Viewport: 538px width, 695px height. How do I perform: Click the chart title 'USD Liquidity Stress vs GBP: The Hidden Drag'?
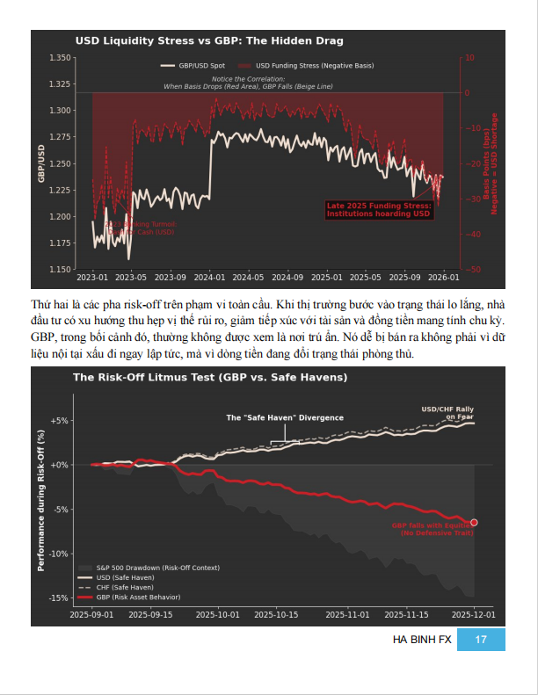pyautogui.click(x=209, y=41)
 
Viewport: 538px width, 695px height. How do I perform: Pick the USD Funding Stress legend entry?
pyautogui.click(x=314, y=66)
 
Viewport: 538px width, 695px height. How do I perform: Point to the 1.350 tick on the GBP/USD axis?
pyautogui.click(x=60, y=58)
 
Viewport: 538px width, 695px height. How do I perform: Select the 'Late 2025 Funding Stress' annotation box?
pyautogui.click(x=379, y=209)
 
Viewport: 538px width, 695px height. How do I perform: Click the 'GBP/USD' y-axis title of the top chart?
pyautogui.click(x=40, y=163)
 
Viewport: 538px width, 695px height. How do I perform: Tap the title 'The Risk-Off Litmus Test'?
pyautogui.click(x=210, y=378)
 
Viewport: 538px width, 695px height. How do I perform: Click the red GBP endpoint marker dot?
pyautogui.click(x=474, y=523)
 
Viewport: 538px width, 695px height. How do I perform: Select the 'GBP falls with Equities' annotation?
pyautogui.click(x=433, y=530)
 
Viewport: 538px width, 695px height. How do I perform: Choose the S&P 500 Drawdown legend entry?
pyautogui.click(x=141, y=569)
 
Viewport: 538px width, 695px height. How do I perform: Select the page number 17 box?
pyautogui.click(x=481, y=641)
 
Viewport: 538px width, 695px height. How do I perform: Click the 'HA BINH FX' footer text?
pyautogui.click(x=422, y=641)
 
